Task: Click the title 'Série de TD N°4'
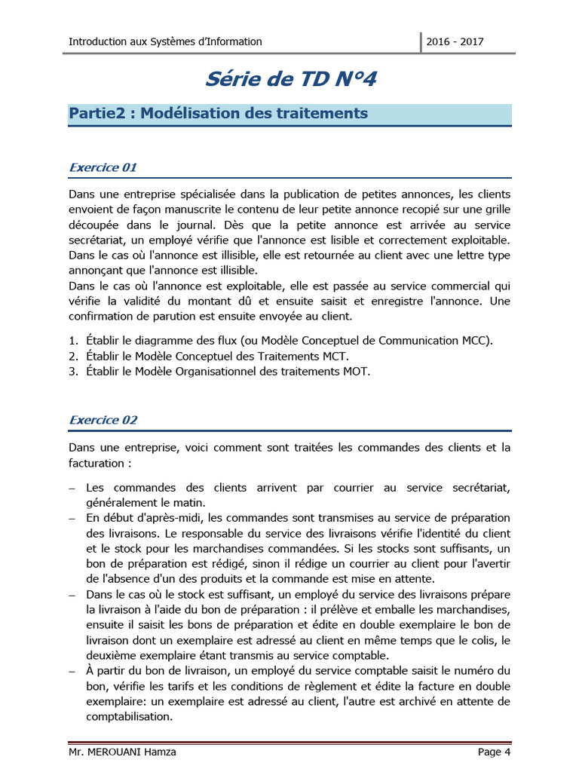pyautogui.click(x=290, y=78)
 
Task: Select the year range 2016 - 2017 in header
pyautogui.click(x=455, y=41)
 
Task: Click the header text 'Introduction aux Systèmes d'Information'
pyautogui.click(x=165, y=41)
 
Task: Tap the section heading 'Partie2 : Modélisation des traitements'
pyautogui.click(x=219, y=114)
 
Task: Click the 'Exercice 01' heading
pyautogui.click(x=103, y=167)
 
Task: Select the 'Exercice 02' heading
pyautogui.click(x=103, y=420)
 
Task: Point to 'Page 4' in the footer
pyautogui.click(x=494, y=752)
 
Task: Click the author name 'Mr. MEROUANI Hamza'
pyautogui.click(x=122, y=752)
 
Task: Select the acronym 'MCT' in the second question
pyautogui.click(x=335, y=356)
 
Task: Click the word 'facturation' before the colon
pyautogui.click(x=96, y=463)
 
